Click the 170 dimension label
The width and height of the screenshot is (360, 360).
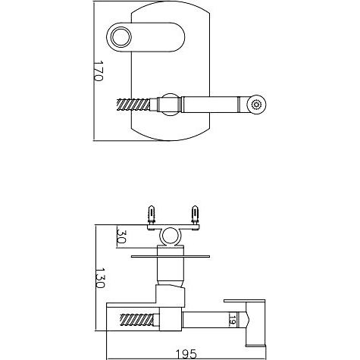pos(99,70)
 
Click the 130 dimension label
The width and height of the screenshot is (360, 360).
pos(100,278)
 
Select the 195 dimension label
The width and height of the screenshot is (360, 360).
pos(186,354)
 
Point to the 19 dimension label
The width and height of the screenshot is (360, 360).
pos(233,319)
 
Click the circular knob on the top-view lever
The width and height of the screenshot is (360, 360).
pos(121,37)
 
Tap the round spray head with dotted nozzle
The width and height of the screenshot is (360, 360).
pos(256,105)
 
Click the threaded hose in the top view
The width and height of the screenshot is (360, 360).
pos(133,105)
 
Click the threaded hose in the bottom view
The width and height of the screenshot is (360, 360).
pos(137,320)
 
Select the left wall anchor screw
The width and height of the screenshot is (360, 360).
pos(152,214)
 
